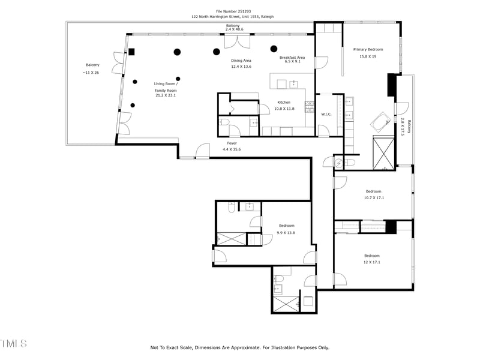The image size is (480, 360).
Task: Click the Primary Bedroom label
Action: tap(368, 49)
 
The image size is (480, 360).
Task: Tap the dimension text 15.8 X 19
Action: tap(368, 56)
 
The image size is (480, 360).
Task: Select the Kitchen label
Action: tap(284, 102)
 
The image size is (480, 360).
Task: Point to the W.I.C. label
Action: tap(326, 114)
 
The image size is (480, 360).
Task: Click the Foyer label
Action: tap(232, 143)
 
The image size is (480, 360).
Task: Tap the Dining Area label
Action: tap(241, 60)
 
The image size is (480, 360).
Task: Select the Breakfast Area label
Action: tap(292, 58)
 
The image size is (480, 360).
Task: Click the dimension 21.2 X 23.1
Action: tap(166, 95)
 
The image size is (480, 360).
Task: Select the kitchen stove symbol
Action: tap(310, 107)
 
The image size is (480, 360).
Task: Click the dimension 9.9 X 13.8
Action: tap(286, 232)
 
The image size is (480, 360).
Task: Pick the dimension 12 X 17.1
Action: tap(372, 262)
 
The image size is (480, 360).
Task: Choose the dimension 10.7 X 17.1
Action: tap(374, 197)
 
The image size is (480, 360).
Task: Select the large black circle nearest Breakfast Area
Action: tap(274, 49)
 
